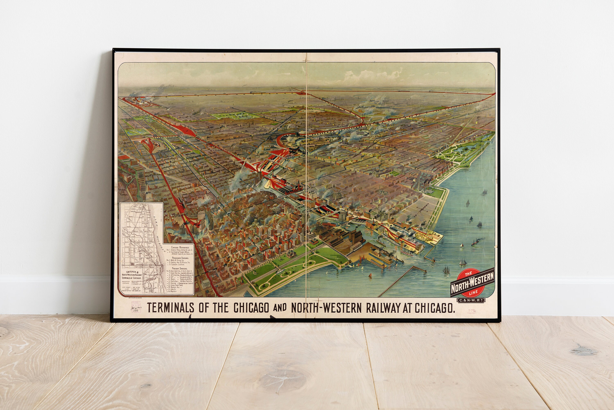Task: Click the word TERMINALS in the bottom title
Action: [171, 308]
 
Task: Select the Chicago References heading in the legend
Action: [180, 247]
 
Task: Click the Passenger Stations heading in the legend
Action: [180, 258]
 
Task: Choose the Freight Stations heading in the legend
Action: [180, 268]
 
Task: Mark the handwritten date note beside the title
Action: [136, 309]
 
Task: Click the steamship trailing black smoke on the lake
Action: [475, 243]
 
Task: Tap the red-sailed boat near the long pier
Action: [370, 275]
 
